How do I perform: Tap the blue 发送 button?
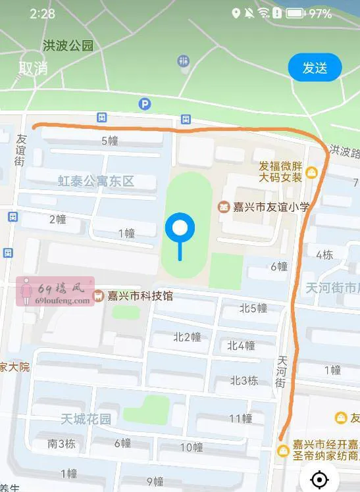pos(315,68)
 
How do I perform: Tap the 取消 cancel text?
pos(33,68)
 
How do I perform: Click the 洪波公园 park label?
pos(68,46)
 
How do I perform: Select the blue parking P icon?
pos(144,103)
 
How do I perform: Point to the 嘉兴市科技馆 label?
pos(140,296)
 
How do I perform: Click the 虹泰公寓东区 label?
pos(95,181)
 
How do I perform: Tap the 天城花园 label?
pos(86,419)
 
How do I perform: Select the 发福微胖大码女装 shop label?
pos(280,172)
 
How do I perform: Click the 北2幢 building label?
pos(187,337)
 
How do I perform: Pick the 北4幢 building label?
pos(241,345)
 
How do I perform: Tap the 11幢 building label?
pos(241,418)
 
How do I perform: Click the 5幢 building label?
pos(110,141)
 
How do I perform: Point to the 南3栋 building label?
pos(61,443)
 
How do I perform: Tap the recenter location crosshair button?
pos(319,479)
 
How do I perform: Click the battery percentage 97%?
pos(321,13)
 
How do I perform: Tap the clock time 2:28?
pos(42,14)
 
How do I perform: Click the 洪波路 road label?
pos(344,152)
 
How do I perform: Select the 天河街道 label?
pos(333,287)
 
